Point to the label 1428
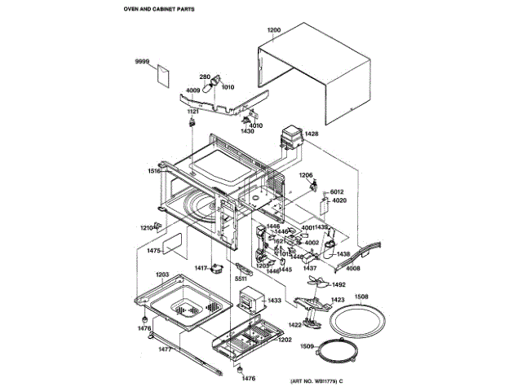click(x=311, y=133)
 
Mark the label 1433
click(x=275, y=301)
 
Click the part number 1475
click(x=153, y=252)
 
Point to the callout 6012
click(x=338, y=191)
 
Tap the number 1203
click(x=162, y=275)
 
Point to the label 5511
click(x=241, y=279)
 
